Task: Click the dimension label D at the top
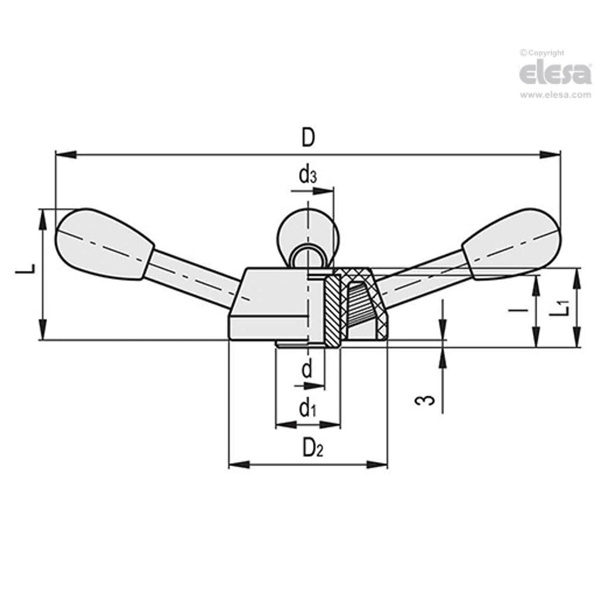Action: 307,138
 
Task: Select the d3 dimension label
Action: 307,176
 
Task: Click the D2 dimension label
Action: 312,448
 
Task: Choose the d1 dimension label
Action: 307,408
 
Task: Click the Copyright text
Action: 544,53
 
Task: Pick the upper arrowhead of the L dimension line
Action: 43,219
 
